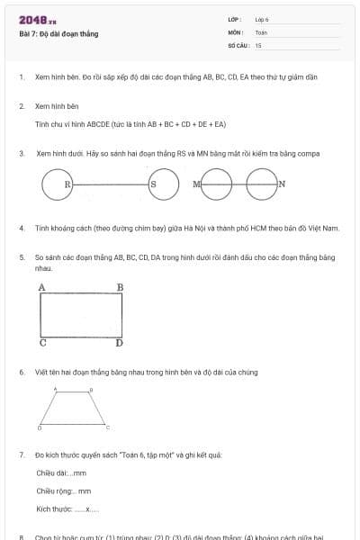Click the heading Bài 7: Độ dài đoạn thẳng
coord(58,34)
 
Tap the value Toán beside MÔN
coord(261,31)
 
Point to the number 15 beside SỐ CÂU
coord(258,44)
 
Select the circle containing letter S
coord(153,184)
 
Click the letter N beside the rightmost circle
coord(282,184)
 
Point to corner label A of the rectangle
coord(41,287)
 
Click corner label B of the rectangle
coord(120,287)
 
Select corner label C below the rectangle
coord(42,343)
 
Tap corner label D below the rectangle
coord(119,343)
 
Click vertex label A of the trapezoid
coord(56,389)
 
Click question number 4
coord(22,229)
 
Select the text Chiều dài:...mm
coord(61,472)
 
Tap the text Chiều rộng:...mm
coord(64,490)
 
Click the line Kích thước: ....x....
coord(67,508)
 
